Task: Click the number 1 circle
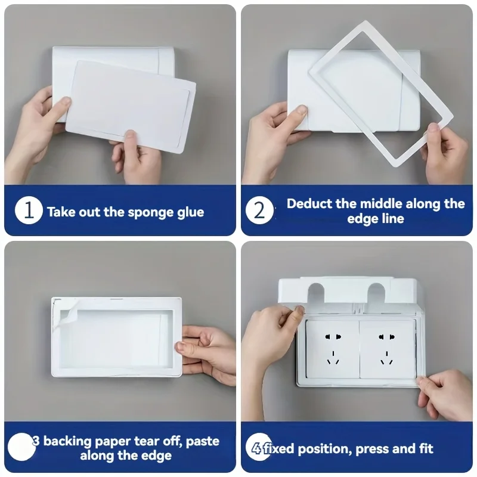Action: [29, 211]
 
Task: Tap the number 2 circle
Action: [260, 211]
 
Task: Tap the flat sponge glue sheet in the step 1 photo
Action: [131, 107]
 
